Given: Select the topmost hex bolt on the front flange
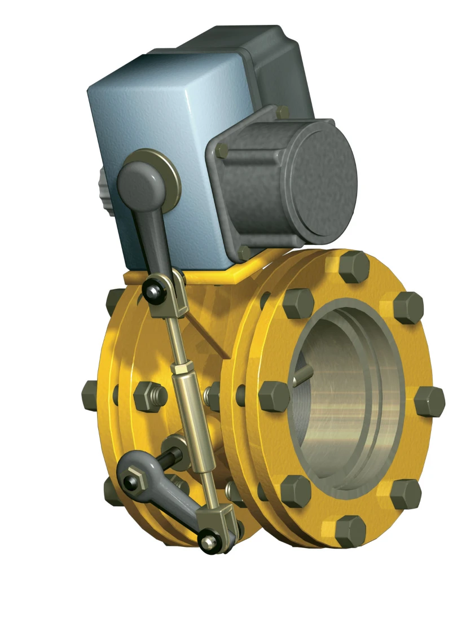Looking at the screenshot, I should click(x=354, y=266).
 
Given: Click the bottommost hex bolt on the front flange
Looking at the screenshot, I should click(x=349, y=531).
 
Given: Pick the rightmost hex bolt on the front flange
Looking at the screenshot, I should click(x=430, y=401).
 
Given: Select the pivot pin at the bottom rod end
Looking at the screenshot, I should click(x=209, y=541).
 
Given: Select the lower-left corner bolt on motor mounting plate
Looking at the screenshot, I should click(x=244, y=252).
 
